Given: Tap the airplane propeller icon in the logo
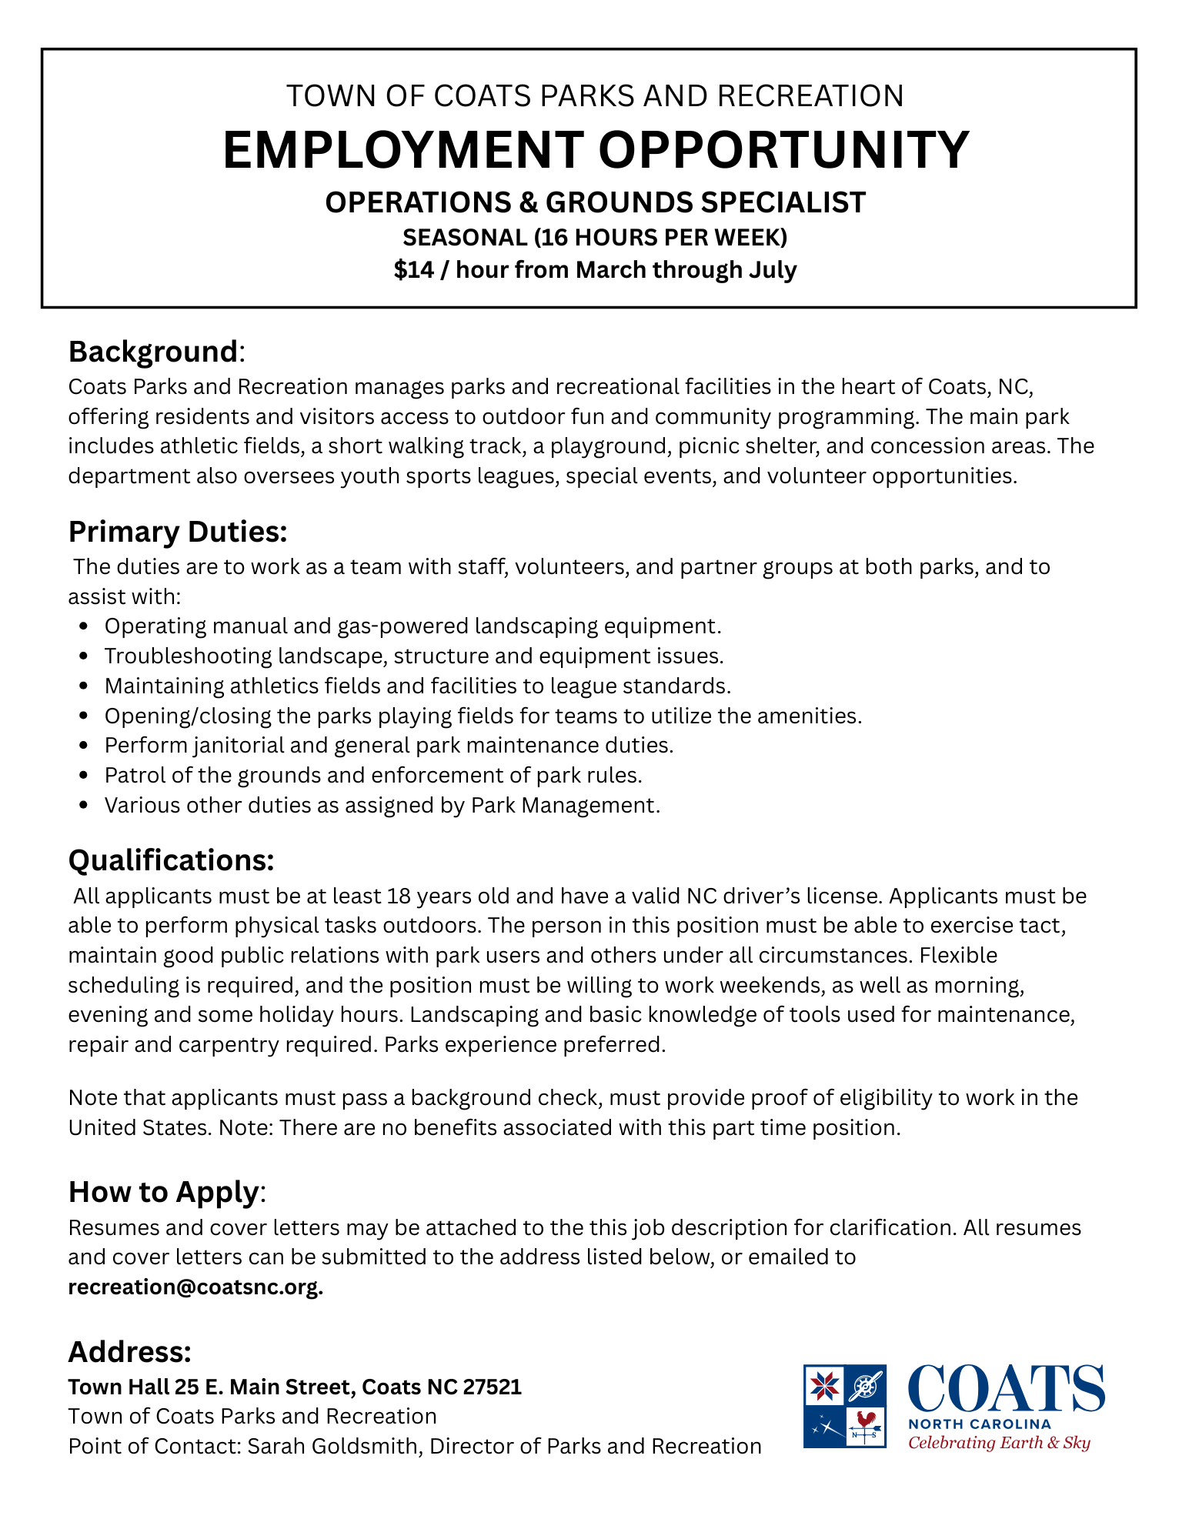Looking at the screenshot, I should (867, 1385).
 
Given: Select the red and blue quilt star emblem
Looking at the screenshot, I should (824, 1385).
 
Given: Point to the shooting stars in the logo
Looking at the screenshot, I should (824, 1427).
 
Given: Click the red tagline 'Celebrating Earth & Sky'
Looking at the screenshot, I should (999, 1443).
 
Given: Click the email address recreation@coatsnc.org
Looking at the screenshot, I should (195, 1287).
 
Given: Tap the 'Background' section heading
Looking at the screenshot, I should (153, 352).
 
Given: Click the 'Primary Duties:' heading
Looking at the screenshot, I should (178, 532).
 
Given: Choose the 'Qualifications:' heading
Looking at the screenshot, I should (172, 860).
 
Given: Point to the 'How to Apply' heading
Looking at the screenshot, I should (164, 1191).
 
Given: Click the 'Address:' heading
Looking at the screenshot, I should (130, 1351).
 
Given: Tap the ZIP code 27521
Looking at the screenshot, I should (493, 1387).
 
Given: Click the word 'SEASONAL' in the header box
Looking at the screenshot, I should (464, 237).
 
